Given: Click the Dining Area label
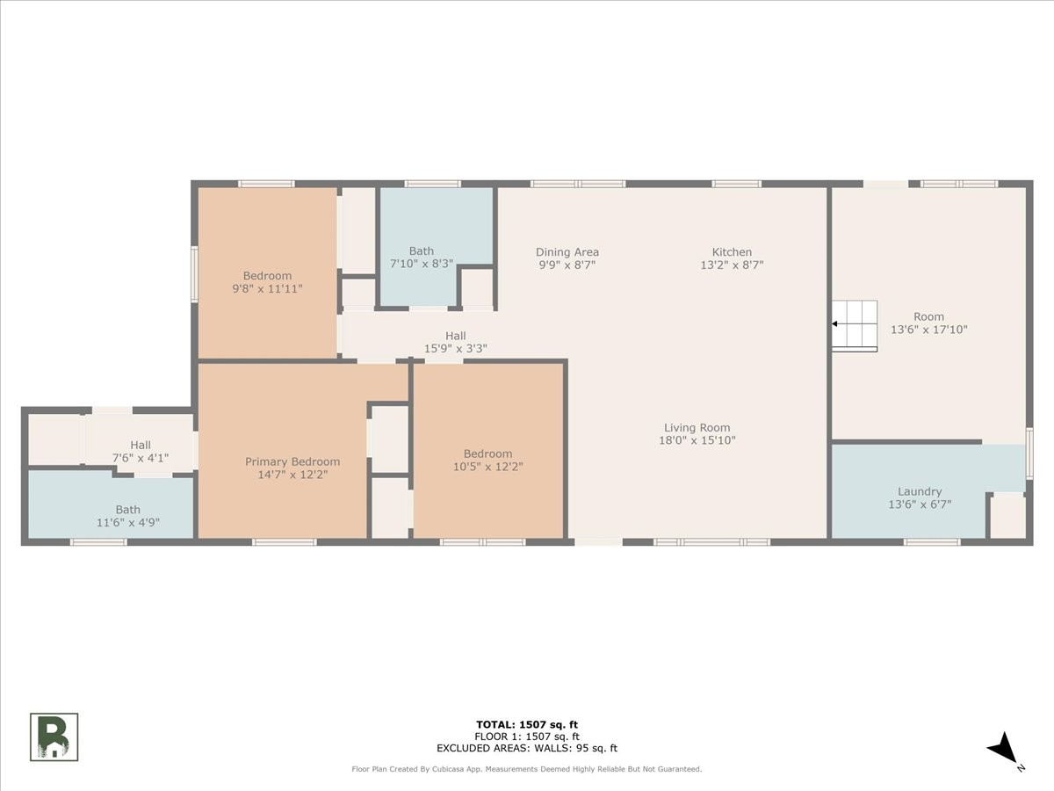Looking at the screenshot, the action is [567, 251].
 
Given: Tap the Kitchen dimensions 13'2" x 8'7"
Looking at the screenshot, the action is [732, 265].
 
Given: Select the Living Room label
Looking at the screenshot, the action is [697, 427].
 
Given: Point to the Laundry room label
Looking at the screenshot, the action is [920, 491].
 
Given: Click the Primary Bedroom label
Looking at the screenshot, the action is [292, 461].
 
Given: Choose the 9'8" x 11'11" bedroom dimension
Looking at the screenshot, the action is [268, 288].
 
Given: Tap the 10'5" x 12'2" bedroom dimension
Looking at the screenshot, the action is [487, 467].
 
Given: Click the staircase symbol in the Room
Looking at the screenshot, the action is [855, 326].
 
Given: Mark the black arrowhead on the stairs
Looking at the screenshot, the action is [834, 323].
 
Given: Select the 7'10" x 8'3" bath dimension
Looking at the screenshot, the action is [422, 264].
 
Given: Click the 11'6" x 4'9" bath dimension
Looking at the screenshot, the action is [127, 522].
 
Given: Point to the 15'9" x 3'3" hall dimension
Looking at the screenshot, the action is [455, 348].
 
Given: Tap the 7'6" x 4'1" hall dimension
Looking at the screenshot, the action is [141, 458].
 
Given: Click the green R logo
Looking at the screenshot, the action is [54, 737].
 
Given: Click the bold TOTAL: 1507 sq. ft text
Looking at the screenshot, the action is [527, 725].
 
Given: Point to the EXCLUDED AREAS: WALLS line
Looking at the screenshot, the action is [527, 748].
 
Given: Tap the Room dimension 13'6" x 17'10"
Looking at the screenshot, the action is [928, 330].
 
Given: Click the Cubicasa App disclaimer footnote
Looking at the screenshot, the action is [527, 769].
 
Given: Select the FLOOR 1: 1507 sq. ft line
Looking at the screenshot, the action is [527, 737].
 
